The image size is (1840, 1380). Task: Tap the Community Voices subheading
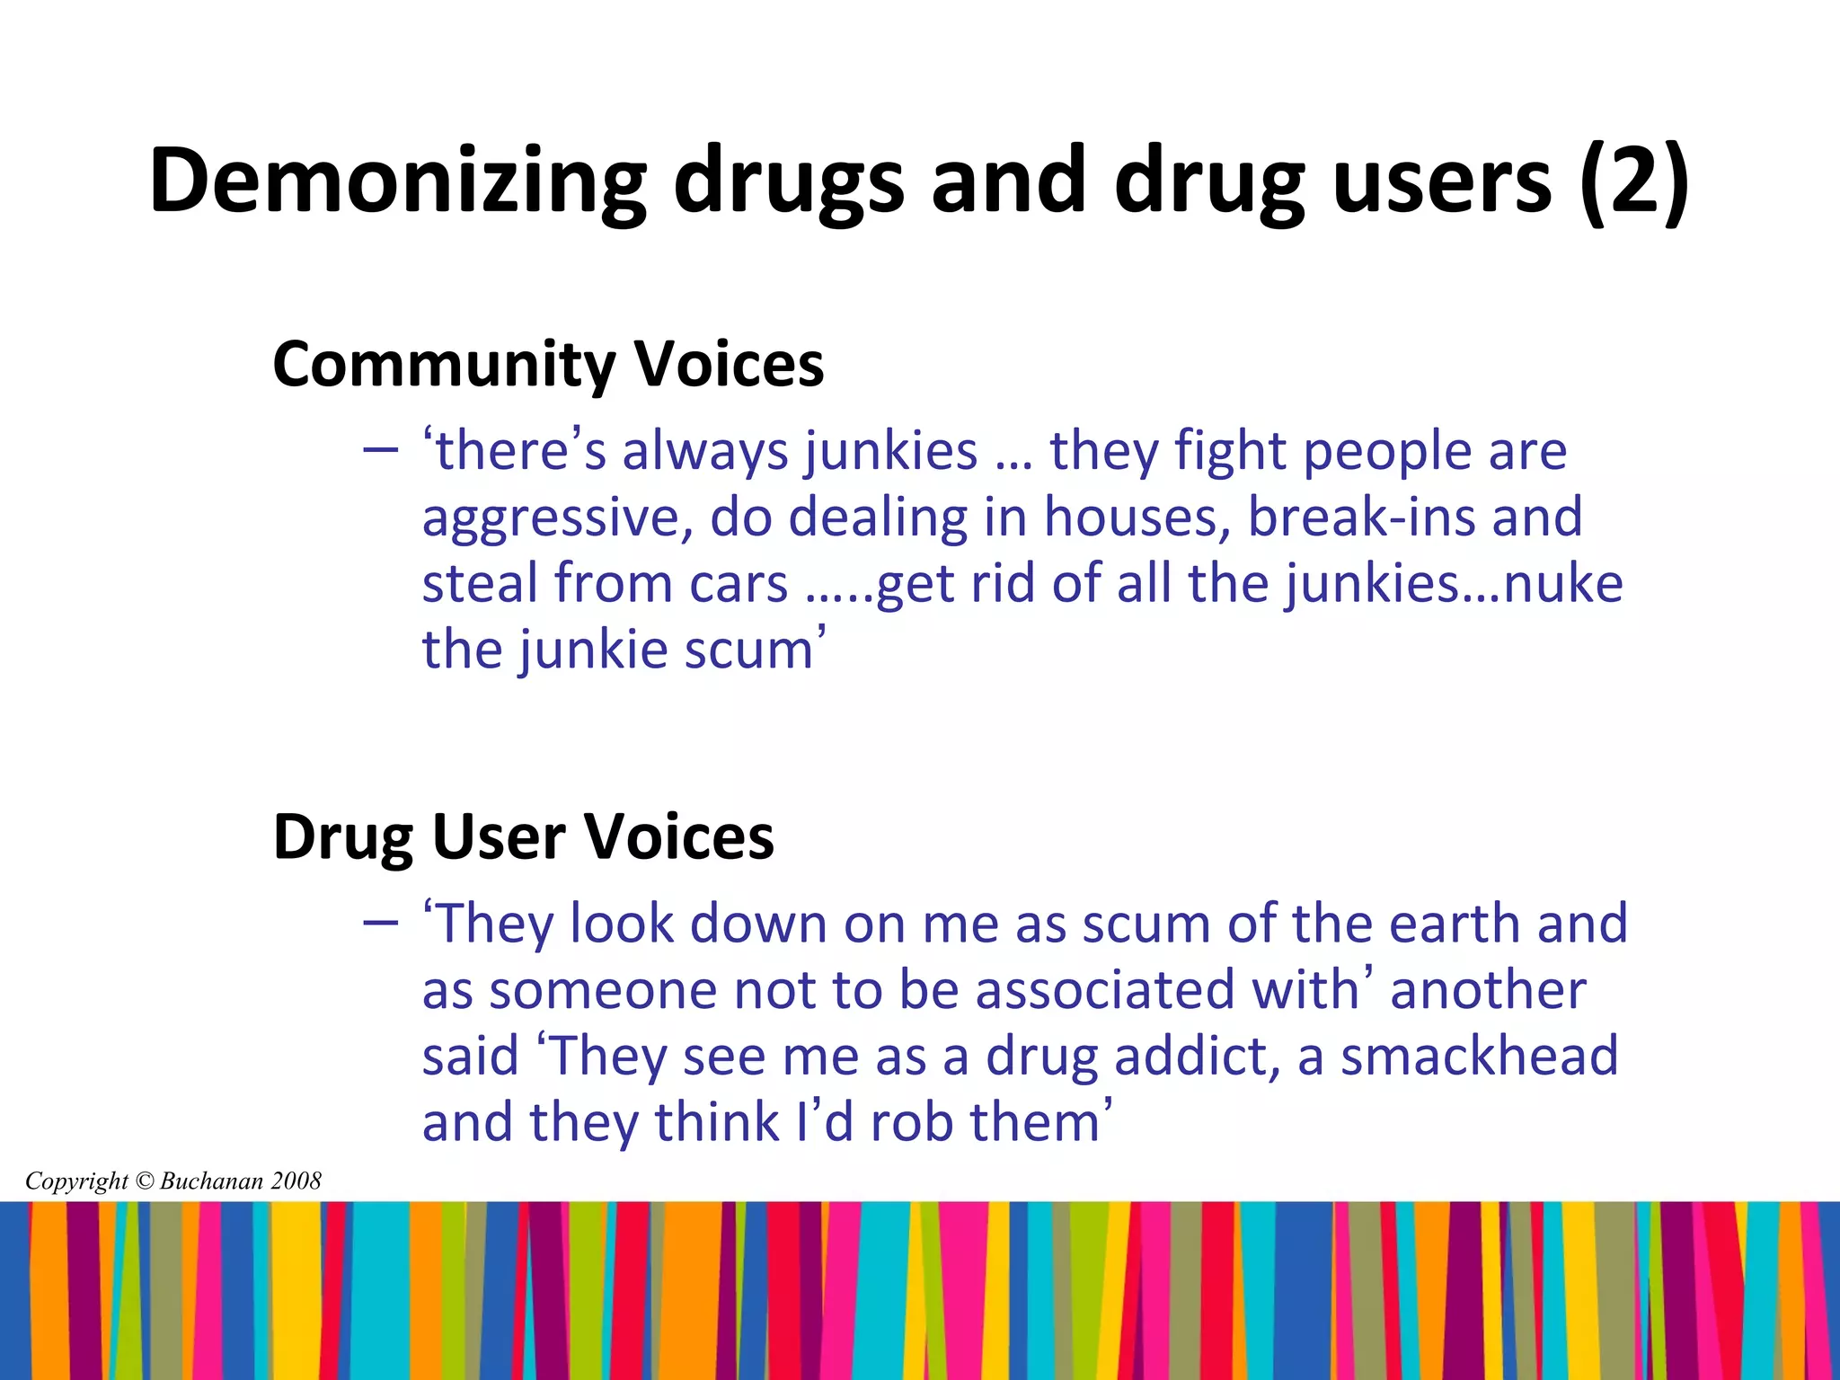pyautogui.click(x=548, y=365)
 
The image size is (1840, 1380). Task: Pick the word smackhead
pyautogui.click(x=1479, y=1057)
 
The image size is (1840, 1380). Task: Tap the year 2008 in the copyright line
pyautogui.click(x=296, y=1181)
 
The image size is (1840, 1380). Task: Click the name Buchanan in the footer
pyautogui.click(x=212, y=1181)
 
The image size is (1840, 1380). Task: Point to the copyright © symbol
pyautogui.click(x=144, y=1181)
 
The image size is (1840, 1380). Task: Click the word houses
pyautogui.click(x=1136, y=517)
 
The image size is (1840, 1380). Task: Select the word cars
pyautogui.click(x=739, y=584)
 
